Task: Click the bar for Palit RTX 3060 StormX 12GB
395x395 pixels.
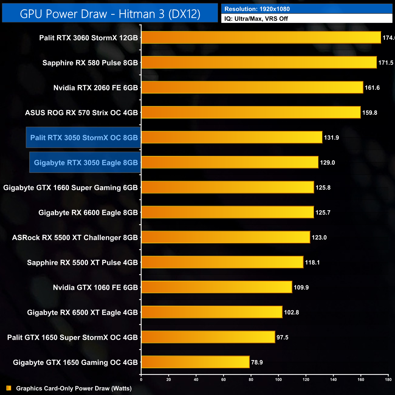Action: [261, 38]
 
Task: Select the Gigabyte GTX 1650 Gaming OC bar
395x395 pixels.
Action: [195, 362]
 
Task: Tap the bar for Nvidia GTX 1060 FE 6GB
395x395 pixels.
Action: [217, 287]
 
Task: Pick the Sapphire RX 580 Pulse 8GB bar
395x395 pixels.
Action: [259, 63]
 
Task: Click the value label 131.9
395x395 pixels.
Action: [331, 138]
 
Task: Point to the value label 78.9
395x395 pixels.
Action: [257, 362]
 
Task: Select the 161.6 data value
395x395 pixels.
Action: [372, 88]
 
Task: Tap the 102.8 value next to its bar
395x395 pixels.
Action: [291, 312]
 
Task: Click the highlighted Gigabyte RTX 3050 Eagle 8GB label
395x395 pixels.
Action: [86, 163]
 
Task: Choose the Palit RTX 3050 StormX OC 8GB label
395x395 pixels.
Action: [84, 138]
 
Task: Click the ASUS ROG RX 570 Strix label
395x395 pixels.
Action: [81, 113]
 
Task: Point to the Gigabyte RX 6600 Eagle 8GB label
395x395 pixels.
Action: [88, 213]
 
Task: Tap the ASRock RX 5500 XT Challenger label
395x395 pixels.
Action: [75, 238]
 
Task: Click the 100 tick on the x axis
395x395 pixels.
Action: [278, 380]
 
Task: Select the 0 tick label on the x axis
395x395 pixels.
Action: [141, 380]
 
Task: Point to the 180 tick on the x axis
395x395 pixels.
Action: [388, 380]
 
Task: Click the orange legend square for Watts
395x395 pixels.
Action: [9, 388]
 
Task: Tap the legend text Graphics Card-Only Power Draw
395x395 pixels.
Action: [74, 388]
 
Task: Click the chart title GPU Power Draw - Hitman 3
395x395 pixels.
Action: [110, 14]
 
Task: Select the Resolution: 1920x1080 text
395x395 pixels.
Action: [257, 9]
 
